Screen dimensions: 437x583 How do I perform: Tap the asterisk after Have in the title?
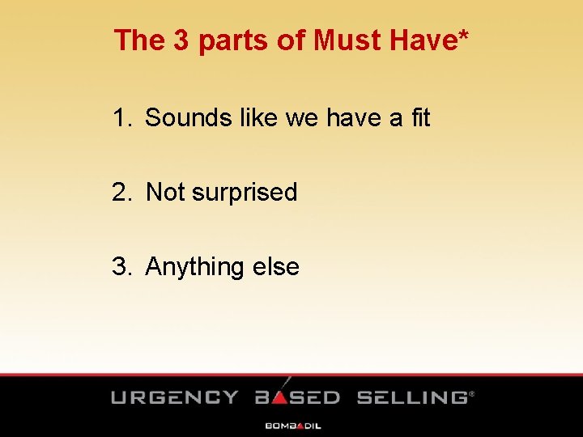(462, 36)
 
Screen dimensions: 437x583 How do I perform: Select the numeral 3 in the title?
(181, 40)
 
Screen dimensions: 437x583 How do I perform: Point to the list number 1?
(121, 118)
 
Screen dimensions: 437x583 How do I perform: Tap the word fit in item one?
(420, 118)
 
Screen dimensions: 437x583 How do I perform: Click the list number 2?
(121, 193)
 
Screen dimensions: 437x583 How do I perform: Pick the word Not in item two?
(166, 193)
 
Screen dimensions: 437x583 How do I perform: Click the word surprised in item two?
(245, 193)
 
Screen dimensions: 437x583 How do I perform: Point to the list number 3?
(121, 267)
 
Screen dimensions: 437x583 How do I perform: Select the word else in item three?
(276, 267)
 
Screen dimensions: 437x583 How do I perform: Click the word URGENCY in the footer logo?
(175, 397)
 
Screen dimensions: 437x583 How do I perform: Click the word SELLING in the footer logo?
(412, 397)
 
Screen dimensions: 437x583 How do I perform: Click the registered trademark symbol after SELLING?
(472, 394)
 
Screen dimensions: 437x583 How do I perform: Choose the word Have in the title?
(422, 40)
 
